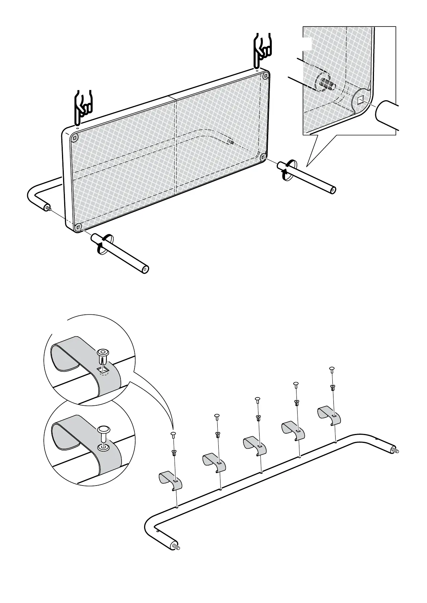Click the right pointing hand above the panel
coord(262,50)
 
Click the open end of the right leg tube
coord(333,190)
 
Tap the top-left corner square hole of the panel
coord(75,138)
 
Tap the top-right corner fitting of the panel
coord(265,76)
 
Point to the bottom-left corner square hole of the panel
coord(78,227)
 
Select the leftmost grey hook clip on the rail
coord(170,480)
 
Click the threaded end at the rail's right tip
coord(396,450)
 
